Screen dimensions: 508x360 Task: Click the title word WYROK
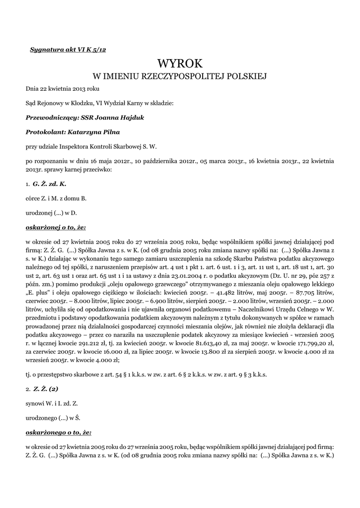[180, 63]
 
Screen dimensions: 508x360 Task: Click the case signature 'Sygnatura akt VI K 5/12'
[68, 50]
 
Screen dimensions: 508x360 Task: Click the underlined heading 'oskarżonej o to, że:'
[56, 227]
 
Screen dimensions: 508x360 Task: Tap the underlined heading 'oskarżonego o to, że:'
[58, 433]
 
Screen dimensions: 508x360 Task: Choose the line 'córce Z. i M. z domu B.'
[56, 198]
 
